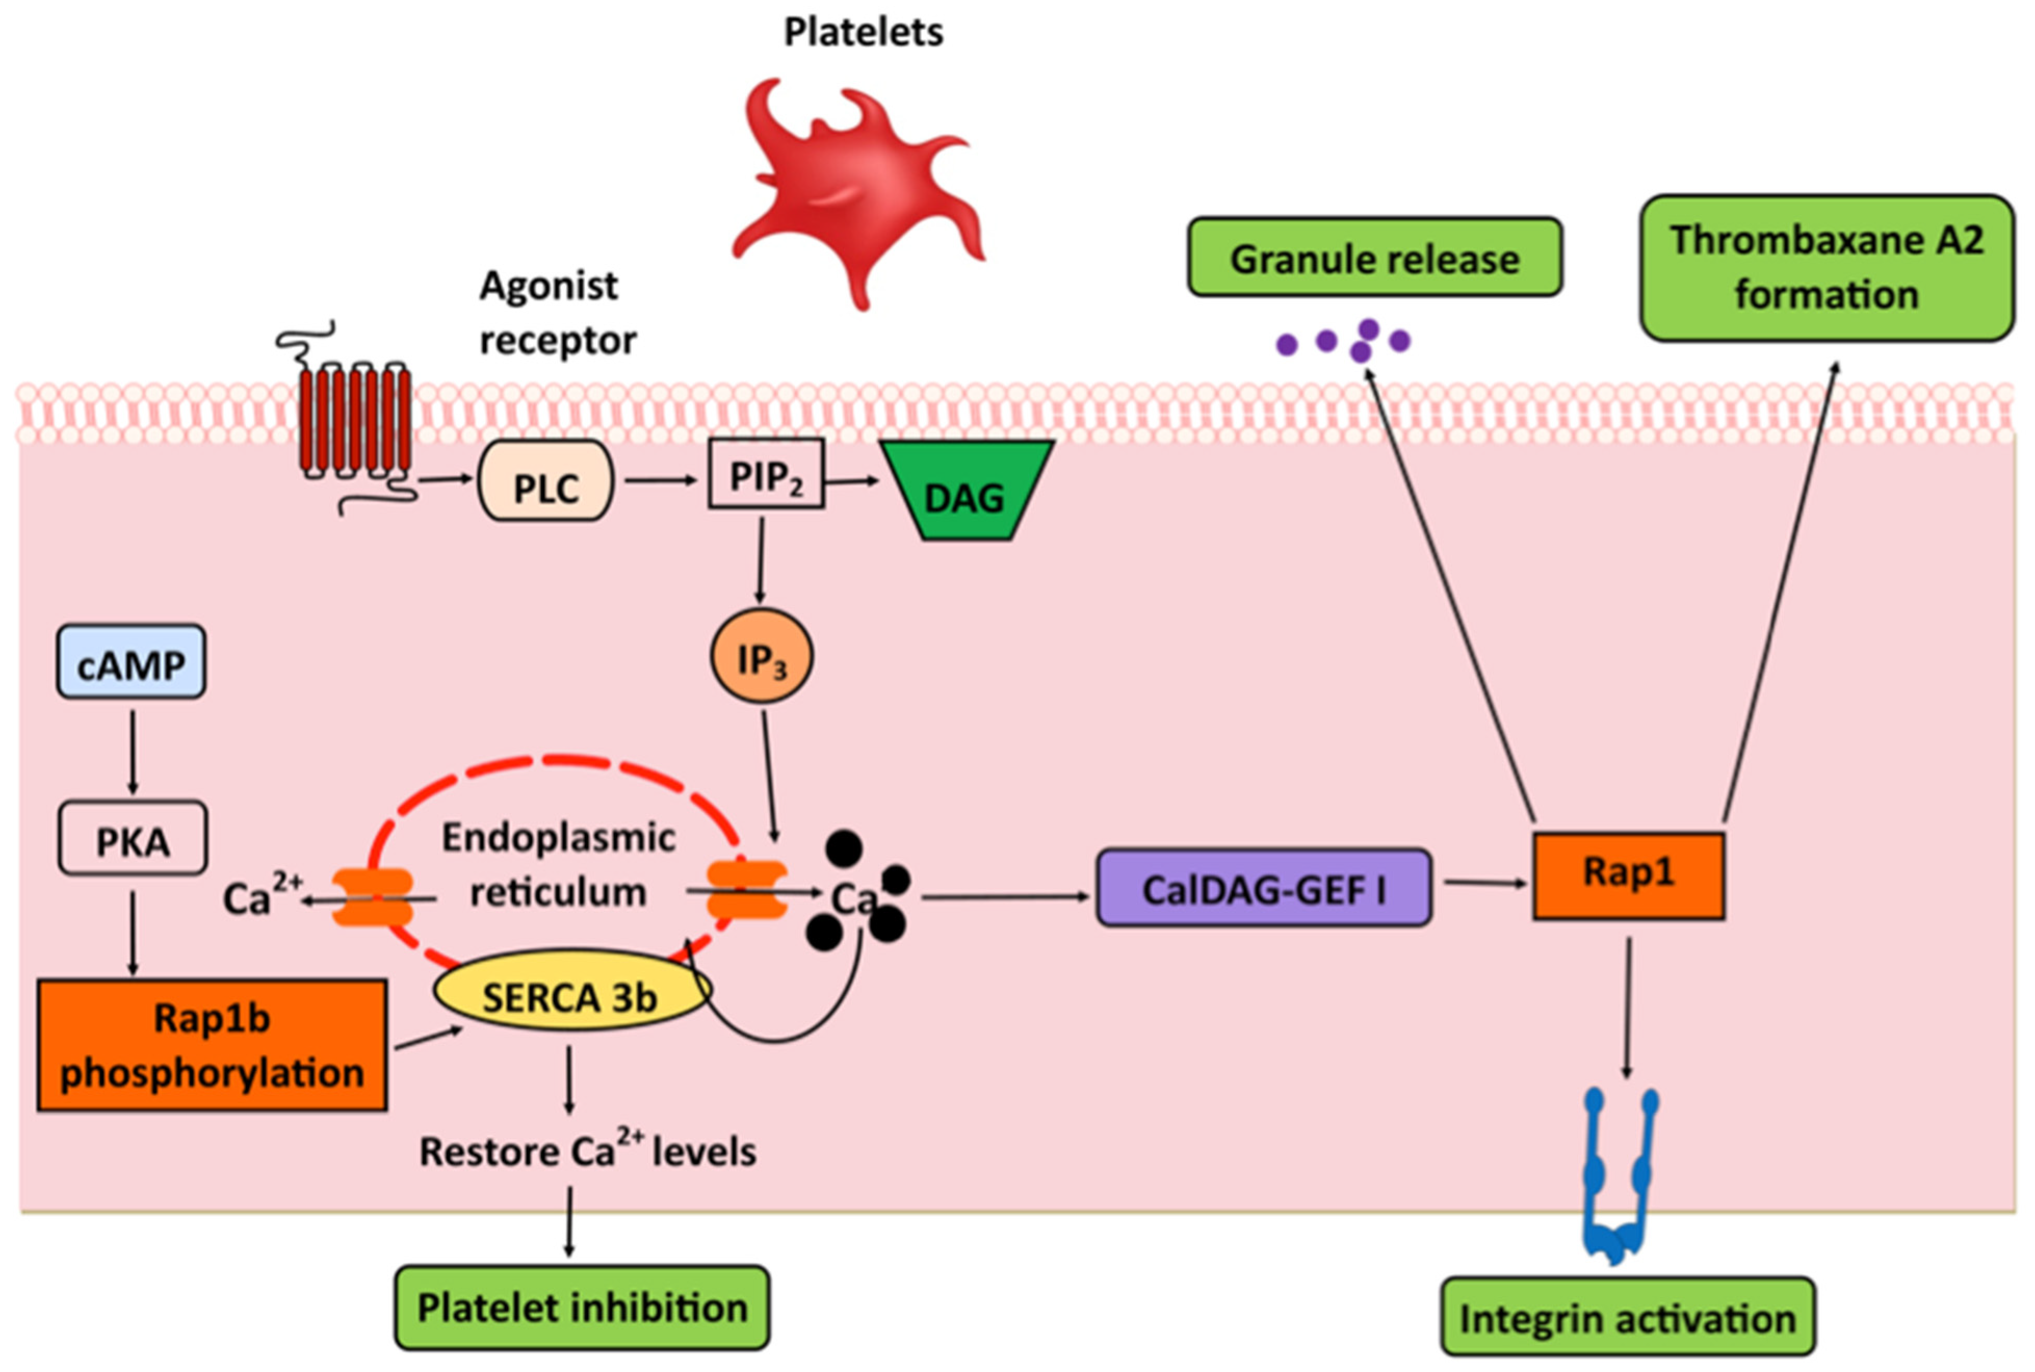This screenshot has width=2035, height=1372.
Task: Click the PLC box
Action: pyautogui.click(x=545, y=480)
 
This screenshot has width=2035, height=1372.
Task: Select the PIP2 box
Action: pyautogui.click(x=765, y=474)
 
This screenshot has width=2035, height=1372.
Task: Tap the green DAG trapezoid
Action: pyautogui.click(x=967, y=490)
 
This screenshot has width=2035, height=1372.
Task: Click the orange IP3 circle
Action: pyautogui.click(x=761, y=656)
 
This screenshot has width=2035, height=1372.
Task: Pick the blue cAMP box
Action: pyautogui.click(x=131, y=661)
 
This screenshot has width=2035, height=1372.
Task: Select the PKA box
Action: pyautogui.click(x=132, y=838)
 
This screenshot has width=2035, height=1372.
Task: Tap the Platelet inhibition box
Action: pyautogui.click(x=582, y=1307)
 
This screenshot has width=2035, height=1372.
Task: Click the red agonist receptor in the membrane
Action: pyautogui.click(x=355, y=418)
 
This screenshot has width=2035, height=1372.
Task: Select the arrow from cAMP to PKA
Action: pyautogui.click(x=133, y=751)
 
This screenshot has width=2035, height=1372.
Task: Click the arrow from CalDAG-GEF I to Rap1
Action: pyautogui.click(x=1485, y=883)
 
